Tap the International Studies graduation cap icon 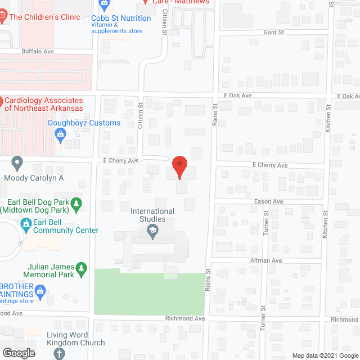(x=152, y=230)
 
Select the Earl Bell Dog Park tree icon (x=78, y=202)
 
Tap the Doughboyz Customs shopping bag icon (x=61, y=134)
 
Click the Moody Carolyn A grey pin (x=17, y=164)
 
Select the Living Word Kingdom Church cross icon (x=60, y=354)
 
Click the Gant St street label (x=273, y=33)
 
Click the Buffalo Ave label (x=37, y=51)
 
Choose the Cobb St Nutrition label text (x=121, y=18)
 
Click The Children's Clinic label (x=44, y=17)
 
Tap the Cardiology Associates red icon (x=1, y=103)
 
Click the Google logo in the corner (x=18, y=353)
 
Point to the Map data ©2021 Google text (x=324, y=355)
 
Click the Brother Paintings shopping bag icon (x=40, y=291)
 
